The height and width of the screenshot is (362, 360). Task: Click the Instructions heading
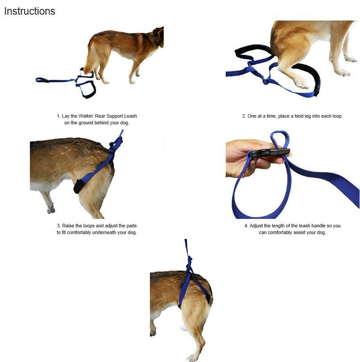[29, 11]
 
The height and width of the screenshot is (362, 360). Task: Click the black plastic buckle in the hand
[269, 153]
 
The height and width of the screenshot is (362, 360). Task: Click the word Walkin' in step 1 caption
[86, 116]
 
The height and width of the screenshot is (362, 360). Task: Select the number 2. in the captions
[244, 116]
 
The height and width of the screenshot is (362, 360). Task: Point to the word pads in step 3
[132, 226]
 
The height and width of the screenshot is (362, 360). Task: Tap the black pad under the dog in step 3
[79, 185]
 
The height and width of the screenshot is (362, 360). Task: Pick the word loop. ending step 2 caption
[337, 116]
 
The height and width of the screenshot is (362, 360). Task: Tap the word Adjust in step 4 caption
[257, 226]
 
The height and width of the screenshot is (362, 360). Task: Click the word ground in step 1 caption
[86, 123]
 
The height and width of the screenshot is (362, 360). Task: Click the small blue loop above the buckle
[280, 139]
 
